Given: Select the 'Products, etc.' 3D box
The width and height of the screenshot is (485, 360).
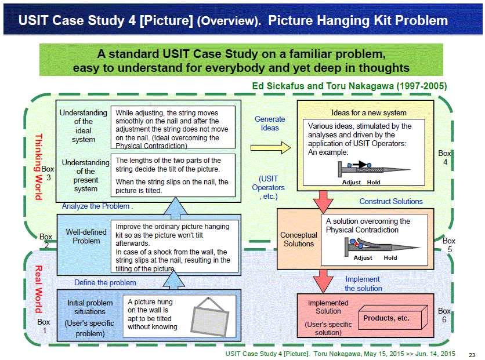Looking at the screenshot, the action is click(x=393, y=317).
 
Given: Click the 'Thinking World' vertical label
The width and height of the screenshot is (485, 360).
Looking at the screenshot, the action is click(x=39, y=167).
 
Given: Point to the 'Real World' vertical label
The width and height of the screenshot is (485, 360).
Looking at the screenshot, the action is click(x=38, y=289).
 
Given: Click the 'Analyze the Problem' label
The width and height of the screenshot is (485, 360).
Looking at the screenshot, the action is click(x=96, y=206).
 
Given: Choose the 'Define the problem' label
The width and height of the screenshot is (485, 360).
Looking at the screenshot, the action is click(x=105, y=282).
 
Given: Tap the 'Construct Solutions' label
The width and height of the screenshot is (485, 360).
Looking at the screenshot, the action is click(x=391, y=201).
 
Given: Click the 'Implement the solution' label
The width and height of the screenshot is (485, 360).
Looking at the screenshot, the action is click(x=363, y=283).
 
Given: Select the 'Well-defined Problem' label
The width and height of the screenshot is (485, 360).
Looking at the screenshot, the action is click(x=86, y=237).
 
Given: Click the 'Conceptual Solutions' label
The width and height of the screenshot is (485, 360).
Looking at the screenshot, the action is click(x=299, y=239).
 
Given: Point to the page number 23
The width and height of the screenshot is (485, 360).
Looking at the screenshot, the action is click(x=472, y=355).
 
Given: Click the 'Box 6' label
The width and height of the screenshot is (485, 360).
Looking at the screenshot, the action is click(x=444, y=315).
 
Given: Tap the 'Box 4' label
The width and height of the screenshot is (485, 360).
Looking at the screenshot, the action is click(x=445, y=158).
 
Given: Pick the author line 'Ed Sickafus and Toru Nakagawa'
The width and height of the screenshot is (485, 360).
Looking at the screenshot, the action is click(x=349, y=86).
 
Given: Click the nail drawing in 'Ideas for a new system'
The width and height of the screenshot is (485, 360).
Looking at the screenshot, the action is click(x=375, y=169).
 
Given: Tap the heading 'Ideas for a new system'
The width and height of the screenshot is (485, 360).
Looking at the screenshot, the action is click(x=369, y=113).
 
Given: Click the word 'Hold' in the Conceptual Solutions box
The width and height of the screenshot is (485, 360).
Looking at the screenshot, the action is click(x=390, y=258).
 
